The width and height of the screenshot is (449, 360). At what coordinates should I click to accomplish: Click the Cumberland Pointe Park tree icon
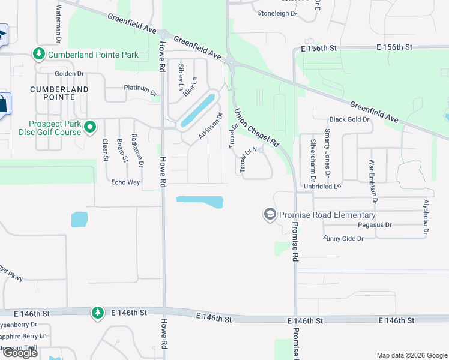click(39, 55)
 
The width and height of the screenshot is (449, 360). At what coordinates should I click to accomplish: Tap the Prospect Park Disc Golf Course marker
click(90, 127)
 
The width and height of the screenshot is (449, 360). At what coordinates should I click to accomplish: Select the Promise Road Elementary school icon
click(270, 214)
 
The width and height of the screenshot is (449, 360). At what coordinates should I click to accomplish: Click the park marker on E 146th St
click(97, 313)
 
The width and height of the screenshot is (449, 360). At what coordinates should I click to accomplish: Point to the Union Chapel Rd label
click(257, 128)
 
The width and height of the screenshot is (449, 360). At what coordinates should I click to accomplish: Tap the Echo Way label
click(125, 182)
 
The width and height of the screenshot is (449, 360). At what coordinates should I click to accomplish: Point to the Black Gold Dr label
click(349, 119)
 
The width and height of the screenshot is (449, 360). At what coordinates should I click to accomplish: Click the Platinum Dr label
click(140, 90)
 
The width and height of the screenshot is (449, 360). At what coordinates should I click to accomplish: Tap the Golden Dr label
click(69, 74)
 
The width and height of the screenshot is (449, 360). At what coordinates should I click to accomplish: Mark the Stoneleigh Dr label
click(277, 13)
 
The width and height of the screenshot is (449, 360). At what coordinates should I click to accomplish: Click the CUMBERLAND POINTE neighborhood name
click(59, 93)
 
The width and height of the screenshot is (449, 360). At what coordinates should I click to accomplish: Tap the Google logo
click(20, 353)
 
